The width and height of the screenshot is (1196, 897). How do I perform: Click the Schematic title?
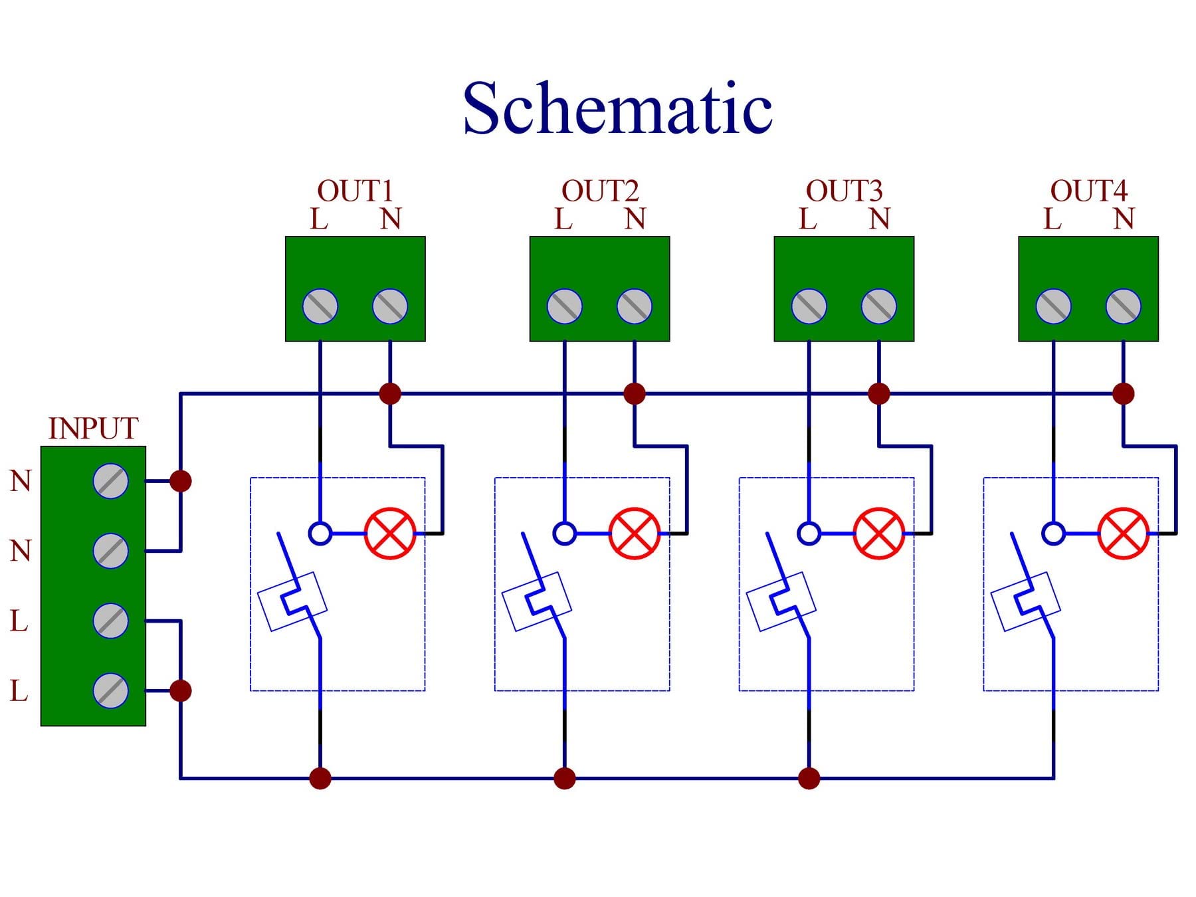pyautogui.click(x=617, y=108)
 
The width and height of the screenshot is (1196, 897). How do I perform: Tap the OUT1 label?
pyautogui.click(x=355, y=191)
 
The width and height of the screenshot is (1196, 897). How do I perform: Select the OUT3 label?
pyautogui.click(x=844, y=191)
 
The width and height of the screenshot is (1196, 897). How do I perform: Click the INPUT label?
pyautogui.click(x=93, y=429)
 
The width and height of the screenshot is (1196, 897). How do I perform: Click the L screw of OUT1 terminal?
pyautogui.click(x=320, y=306)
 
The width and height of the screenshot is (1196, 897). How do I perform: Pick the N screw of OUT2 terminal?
pyautogui.click(x=635, y=306)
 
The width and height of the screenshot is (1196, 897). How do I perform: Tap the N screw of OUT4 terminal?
pyautogui.click(x=1124, y=306)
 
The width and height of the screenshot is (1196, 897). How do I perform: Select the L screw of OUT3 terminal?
pyautogui.click(x=809, y=306)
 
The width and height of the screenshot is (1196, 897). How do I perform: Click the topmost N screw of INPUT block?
pyautogui.click(x=111, y=481)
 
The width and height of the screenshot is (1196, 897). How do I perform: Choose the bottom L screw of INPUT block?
pyautogui.click(x=111, y=690)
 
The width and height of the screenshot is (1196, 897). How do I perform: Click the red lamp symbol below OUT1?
pyautogui.click(x=390, y=534)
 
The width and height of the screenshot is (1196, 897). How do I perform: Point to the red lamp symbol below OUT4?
pyautogui.click(x=1124, y=534)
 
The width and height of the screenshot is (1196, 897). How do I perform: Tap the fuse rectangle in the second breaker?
pyautogui.click(x=536, y=601)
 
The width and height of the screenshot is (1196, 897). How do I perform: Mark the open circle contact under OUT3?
pyautogui.click(x=809, y=534)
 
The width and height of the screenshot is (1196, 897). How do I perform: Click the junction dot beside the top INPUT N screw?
pyautogui.click(x=181, y=481)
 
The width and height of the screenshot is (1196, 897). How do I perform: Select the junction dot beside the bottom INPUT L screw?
pyautogui.click(x=181, y=690)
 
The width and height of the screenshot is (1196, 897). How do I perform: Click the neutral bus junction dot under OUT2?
pyautogui.click(x=635, y=393)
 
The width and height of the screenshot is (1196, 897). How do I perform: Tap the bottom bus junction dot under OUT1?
pyautogui.click(x=320, y=778)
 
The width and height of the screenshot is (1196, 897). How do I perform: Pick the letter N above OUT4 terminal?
pyautogui.click(x=1124, y=219)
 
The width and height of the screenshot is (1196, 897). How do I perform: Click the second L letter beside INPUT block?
pyautogui.click(x=19, y=691)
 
